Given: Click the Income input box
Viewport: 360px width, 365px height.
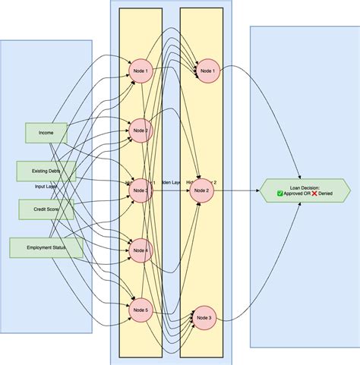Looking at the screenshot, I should [46, 133].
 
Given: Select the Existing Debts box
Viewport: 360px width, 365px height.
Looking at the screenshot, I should [46, 171].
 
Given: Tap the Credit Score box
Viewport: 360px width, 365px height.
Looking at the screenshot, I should [46, 207].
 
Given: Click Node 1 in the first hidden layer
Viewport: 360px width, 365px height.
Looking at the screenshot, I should [141, 71].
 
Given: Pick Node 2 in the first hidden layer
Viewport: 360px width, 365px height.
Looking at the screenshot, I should [141, 131].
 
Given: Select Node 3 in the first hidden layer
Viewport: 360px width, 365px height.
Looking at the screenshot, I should [141, 190].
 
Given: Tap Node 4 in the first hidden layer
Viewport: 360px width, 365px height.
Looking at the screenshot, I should [141, 250].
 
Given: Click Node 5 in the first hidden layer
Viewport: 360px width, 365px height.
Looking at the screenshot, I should [141, 309].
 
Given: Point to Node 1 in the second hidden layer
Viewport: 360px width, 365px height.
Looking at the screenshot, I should [206, 71].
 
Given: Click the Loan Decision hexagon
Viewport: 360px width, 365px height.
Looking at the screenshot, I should [305, 190].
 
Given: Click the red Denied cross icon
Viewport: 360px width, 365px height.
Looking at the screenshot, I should [314, 194].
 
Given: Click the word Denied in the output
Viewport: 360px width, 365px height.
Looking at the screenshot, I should [327, 194].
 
